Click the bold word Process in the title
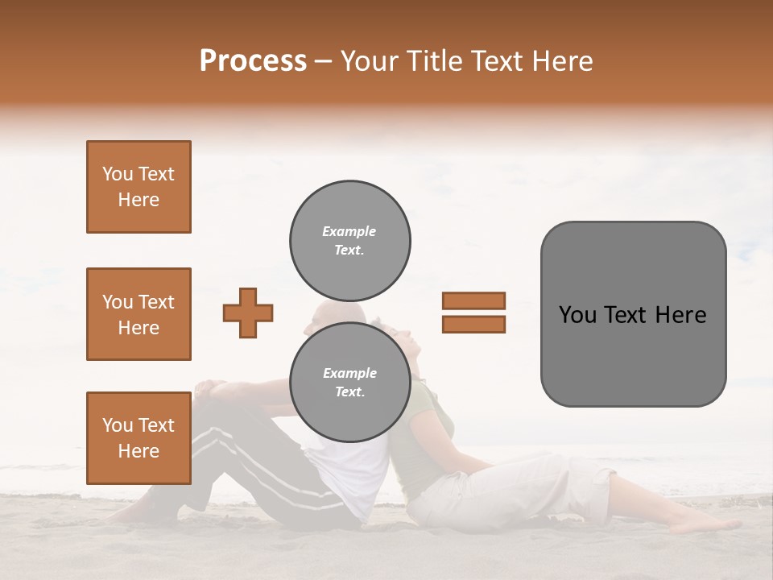point(253,60)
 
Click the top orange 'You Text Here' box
point(138,187)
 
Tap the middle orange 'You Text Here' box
point(138,314)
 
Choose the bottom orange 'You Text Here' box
point(138,437)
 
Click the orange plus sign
point(248,313)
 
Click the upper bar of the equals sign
point(473,300)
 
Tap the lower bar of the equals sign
point(473,325)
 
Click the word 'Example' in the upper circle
point(349,231)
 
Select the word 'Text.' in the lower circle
point(349,392)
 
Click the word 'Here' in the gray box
point(680,315)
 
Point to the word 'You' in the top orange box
point(118,174)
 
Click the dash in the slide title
point(324,61)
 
